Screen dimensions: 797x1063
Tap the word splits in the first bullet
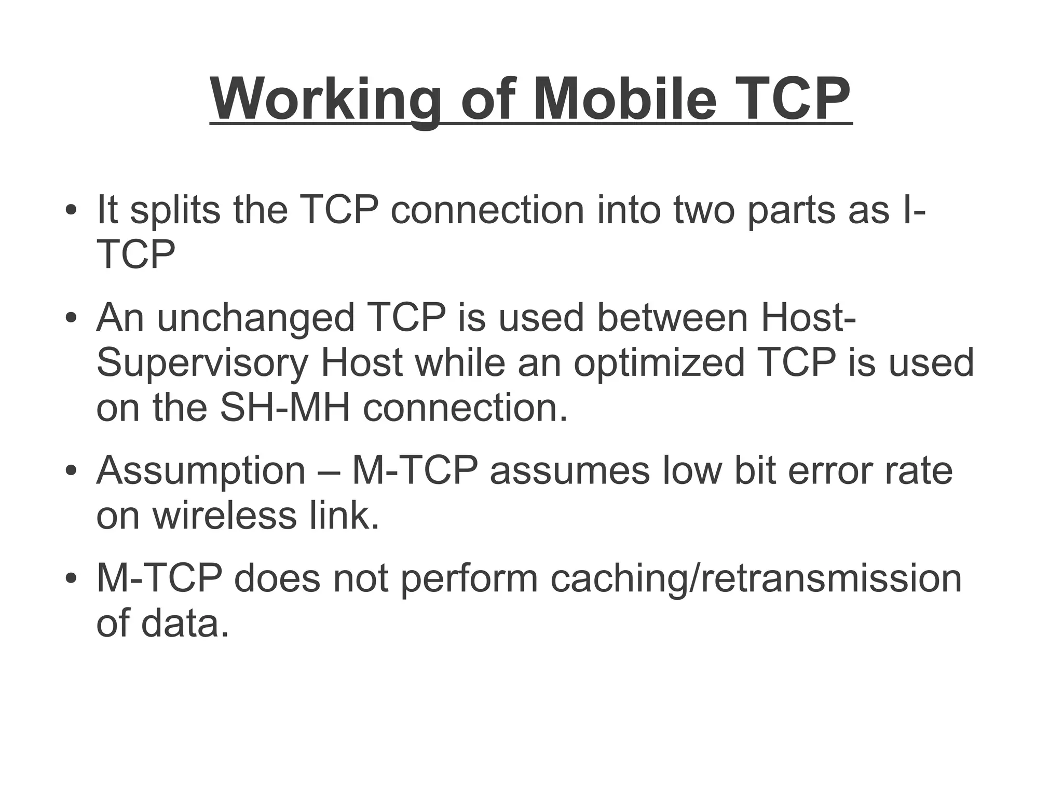[174, 210]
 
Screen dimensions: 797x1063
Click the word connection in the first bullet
[487, 210]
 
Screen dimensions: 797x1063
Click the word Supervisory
[202, 362]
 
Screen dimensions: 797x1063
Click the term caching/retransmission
[756, 579]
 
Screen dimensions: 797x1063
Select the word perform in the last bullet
[469, 579]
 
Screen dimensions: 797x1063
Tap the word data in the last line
[184, 624]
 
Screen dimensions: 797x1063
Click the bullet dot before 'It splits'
[71, 211]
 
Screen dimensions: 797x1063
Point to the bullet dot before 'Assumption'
[71, 472]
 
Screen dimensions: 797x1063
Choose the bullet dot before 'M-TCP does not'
[71, 579]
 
